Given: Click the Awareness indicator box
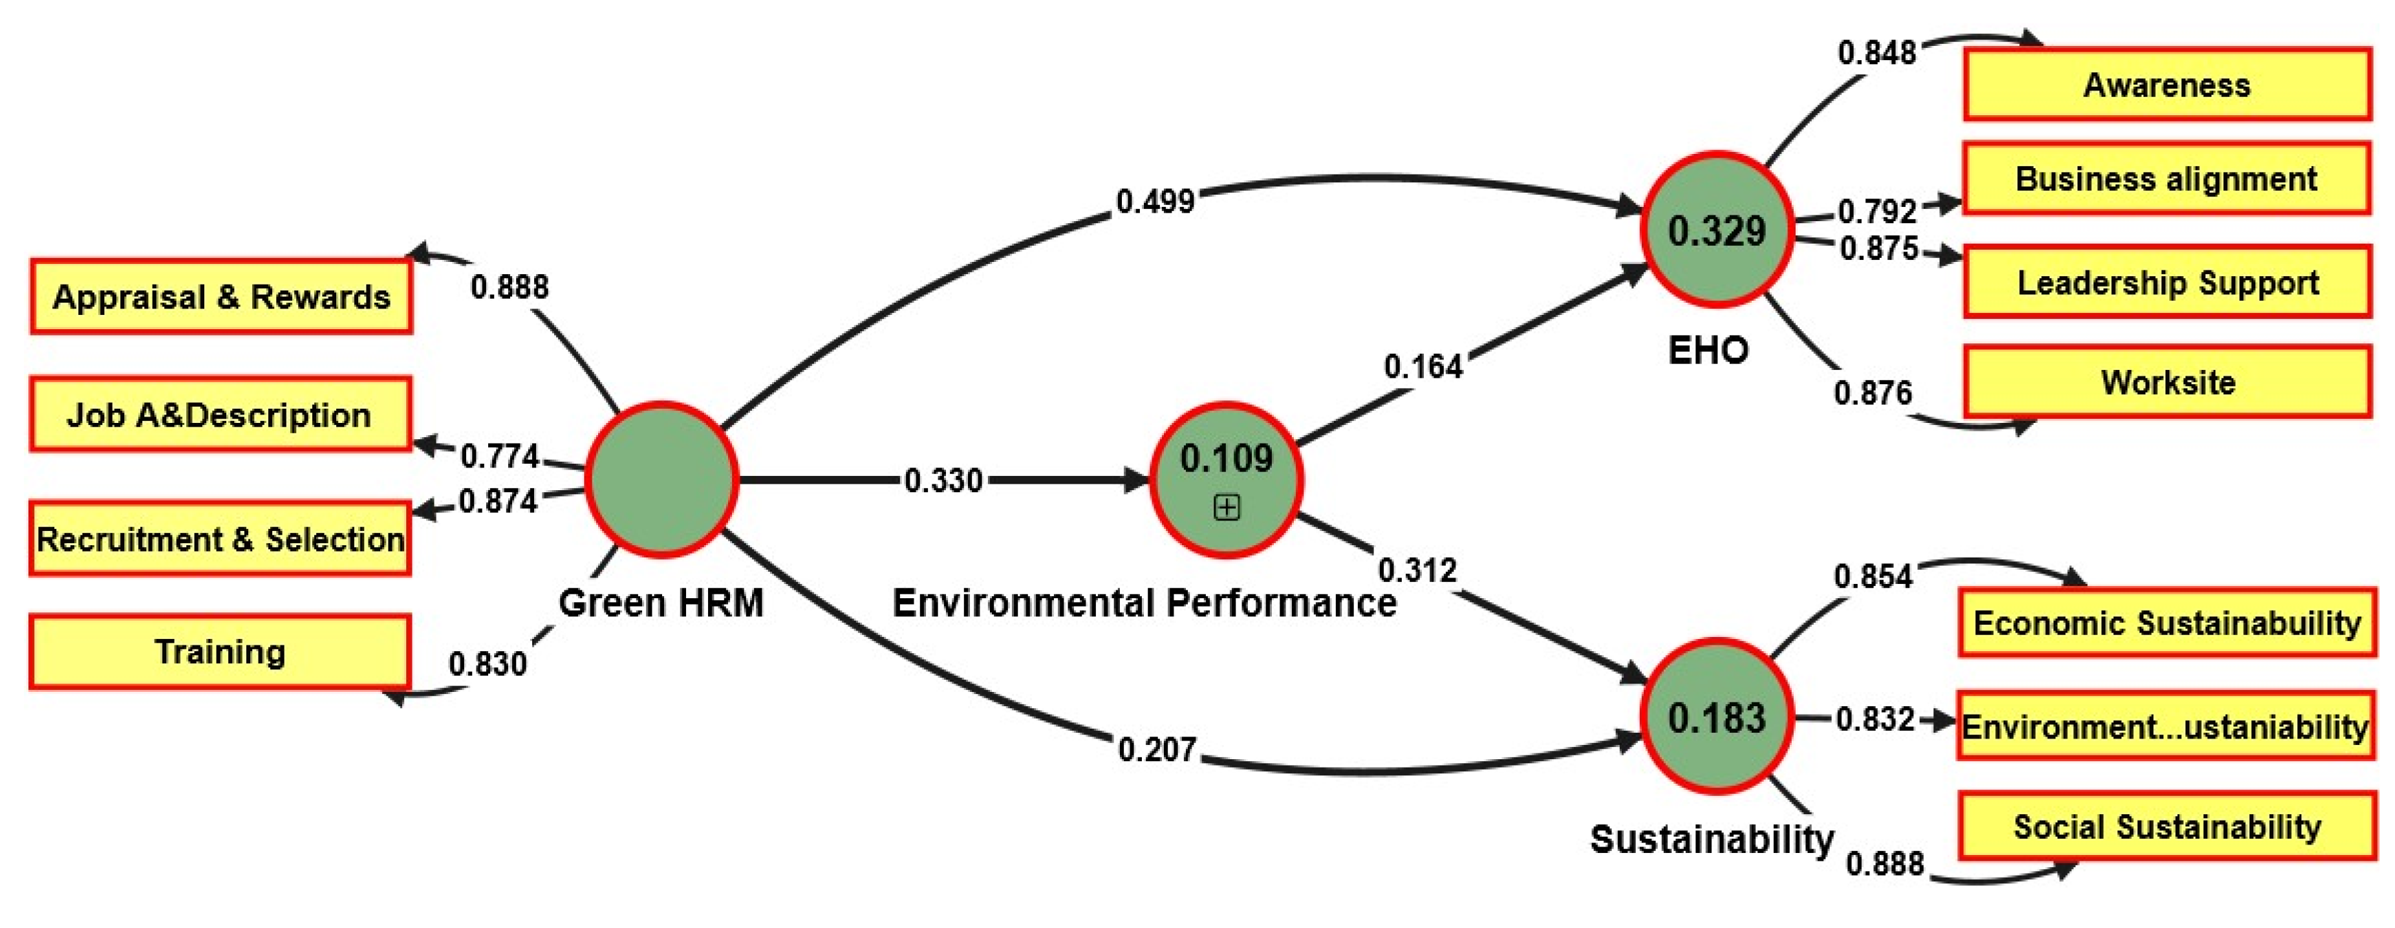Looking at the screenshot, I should pos(2166,85).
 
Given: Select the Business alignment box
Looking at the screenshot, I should pos(2166,178).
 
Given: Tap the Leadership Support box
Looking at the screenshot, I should pos(2166,282).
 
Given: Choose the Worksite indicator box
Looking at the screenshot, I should pos(2166,382).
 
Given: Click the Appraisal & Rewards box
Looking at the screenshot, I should pos(221,297).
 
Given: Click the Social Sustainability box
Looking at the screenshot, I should pos(2166,826).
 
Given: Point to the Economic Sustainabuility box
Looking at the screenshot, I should pos(2166,623).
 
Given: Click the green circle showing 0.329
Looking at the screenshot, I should pos(1716,230).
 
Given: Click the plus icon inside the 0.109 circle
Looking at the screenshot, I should pos(1227,508).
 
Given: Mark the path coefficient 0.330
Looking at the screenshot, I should pos(943,480).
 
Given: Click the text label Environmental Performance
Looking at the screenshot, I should pos(1144,603).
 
